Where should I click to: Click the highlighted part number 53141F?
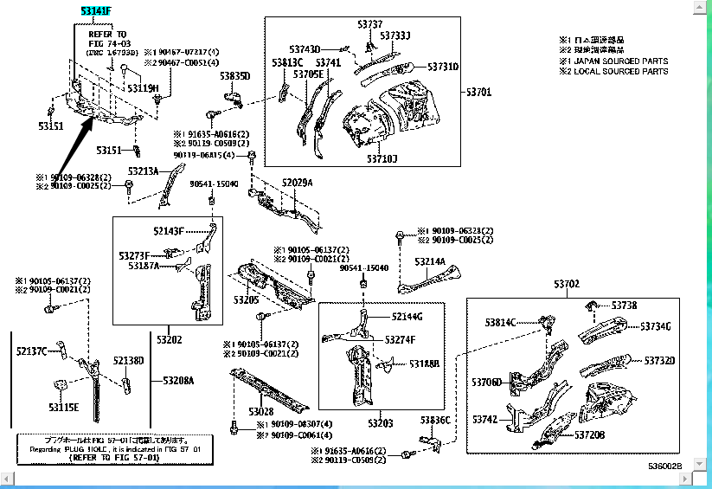coord(96,11)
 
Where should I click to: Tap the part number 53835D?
coord(234,76)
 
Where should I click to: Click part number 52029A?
coord(297,183)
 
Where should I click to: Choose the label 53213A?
coord(144,171)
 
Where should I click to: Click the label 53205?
coord(246,299)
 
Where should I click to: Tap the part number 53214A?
coord(430,261)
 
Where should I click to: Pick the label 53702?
coord(567,284)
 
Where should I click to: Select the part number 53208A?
coord(179,380)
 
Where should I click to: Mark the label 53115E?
coord(63,407)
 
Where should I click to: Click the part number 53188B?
coord(425,364)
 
